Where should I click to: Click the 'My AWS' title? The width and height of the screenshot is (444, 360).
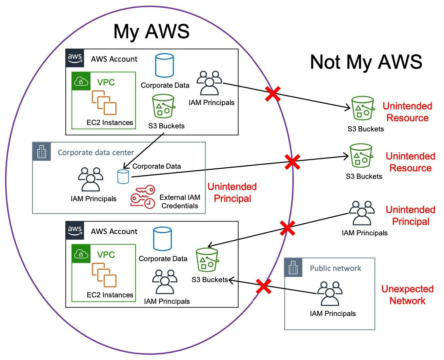click(151, 31)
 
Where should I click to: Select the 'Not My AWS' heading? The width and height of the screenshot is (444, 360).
click(366, 62)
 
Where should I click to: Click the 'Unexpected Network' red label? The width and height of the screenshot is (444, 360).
click(407, 295)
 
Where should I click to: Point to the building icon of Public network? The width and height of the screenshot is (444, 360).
click(293, 268)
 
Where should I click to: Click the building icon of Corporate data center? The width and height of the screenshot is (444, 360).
click(41, 151)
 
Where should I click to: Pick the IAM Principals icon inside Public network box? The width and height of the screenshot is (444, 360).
click(329, 294)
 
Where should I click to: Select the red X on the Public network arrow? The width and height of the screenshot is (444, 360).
click(263, 287)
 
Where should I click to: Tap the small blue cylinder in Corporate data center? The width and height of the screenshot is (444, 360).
click(123, 176)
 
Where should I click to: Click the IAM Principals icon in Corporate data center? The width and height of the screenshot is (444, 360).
click(90, 179)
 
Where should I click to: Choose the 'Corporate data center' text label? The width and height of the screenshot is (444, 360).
click(96, 152)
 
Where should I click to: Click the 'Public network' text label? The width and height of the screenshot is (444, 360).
click(336, 268)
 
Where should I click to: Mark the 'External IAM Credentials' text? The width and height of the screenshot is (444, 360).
click(180, 202)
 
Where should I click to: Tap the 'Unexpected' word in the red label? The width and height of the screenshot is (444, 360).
click(407, 289)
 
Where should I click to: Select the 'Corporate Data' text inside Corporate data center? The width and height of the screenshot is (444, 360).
click(157, 166)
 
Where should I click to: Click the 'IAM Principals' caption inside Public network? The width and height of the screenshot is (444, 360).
click(333, 314)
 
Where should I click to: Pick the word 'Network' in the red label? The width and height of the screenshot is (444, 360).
click(407, 301)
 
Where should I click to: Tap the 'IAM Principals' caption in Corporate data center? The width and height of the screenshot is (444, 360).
click(94, 199)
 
